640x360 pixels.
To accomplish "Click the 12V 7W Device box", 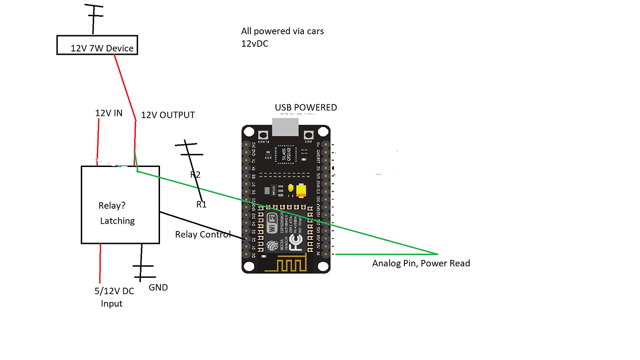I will [x=97, y=45].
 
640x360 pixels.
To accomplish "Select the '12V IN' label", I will [x=109, y=113].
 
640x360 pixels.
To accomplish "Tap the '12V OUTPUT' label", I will [x=168, y=115].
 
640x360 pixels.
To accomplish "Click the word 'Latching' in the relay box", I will [x=117, y=221].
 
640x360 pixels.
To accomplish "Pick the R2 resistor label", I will [x=195, y=175].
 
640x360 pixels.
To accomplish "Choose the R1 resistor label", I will [x=201, y=205].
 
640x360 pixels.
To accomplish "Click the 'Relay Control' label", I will [x=203, y=234].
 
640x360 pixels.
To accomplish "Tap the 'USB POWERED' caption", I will [x=306, y=108].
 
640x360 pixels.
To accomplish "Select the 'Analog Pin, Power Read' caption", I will [x=421, y=264].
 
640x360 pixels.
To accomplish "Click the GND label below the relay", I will [x=158, y=288].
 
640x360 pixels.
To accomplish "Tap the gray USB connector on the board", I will [x=285, y=127].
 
